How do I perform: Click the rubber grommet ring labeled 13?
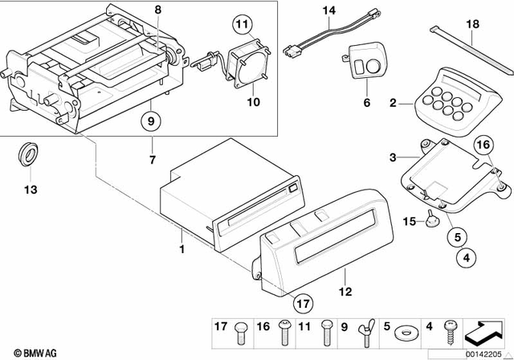point(28,154)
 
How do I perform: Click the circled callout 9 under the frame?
point(150,122)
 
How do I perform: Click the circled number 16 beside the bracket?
point(482,145)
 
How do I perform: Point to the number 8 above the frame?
point(157,10)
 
